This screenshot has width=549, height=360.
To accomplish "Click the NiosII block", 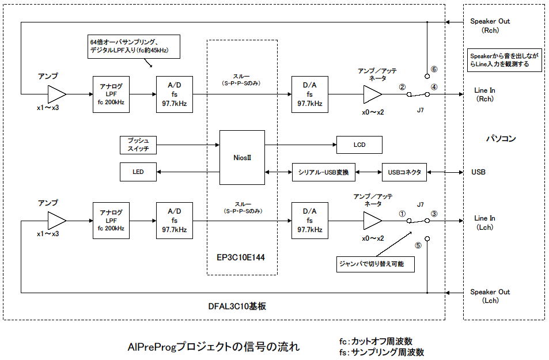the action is click(x=242, y=158).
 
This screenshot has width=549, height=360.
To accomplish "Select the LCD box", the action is click(x=359, y=145).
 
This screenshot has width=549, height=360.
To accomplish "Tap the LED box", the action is click(x=138, y=172).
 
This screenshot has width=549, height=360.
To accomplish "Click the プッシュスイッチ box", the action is click(x=138, y=145).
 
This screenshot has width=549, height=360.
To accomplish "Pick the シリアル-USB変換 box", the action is click(x=324, y=172).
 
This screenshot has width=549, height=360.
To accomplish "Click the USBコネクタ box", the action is click(x=404, y=172).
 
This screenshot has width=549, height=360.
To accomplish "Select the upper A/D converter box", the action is click(x=175, y=94).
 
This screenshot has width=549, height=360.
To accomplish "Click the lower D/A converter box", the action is click(x=310, y=221).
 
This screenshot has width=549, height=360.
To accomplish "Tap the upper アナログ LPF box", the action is click(x=111, y=94).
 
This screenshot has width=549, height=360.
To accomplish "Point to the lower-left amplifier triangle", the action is click(x=56, y=221).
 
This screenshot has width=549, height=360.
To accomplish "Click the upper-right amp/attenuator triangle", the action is click(x=372, y=94).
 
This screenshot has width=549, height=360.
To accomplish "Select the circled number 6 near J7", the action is click(x=434, y=69).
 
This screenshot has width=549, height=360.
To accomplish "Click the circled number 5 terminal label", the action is click(x=418, y=245).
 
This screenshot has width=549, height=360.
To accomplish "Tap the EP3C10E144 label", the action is click(x=241, y=257).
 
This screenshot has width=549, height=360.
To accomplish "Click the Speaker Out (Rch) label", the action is click(x=490, y=25).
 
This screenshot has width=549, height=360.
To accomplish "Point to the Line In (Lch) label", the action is click(x=484, y=222).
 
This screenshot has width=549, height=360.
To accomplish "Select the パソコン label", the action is click(x=501, y=138).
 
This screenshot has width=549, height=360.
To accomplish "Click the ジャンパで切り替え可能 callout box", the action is click(x=376, y=264).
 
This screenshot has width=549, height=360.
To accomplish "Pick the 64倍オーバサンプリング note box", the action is click(x=134, y=46).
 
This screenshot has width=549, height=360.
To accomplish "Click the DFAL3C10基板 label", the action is click(x=237, y=306).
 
